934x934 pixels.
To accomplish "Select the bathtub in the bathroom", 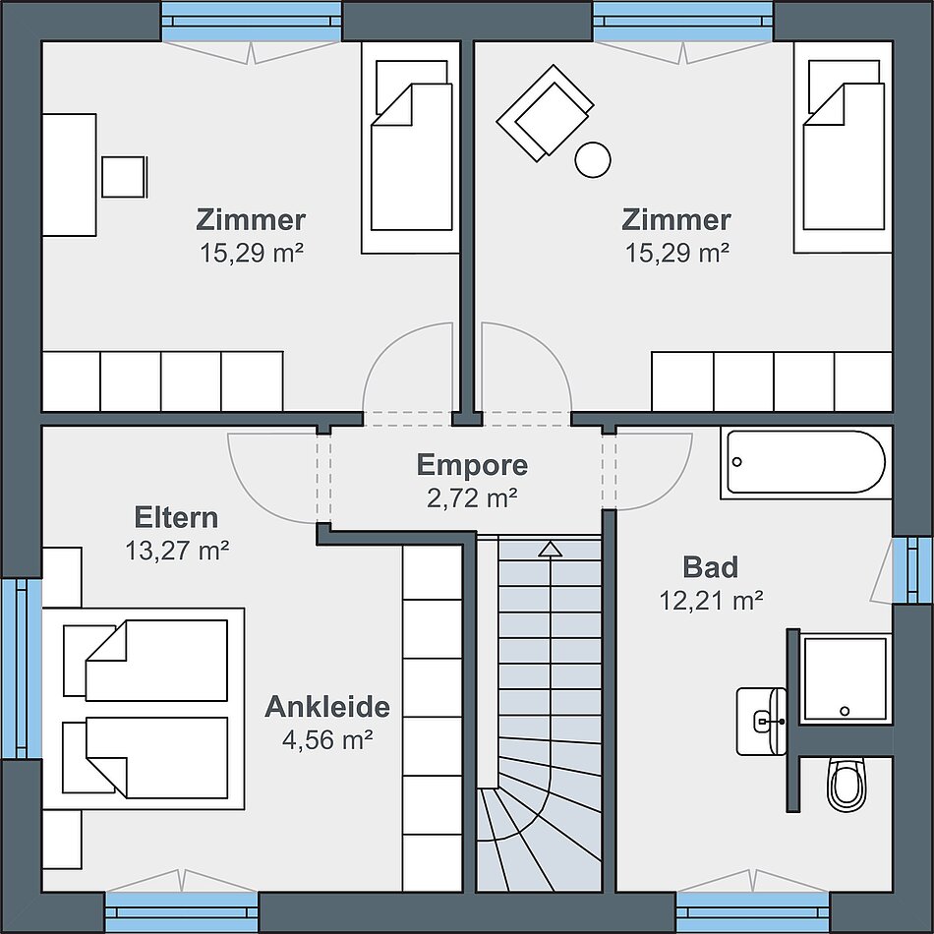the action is point(806,462).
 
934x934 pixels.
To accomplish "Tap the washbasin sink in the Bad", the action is point(762,722).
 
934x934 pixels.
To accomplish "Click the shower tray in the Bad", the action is point(845,679).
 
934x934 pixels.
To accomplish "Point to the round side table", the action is point(593,159).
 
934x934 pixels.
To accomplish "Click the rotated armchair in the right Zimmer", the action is point(545,113).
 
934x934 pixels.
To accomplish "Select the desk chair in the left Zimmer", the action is point(124,177).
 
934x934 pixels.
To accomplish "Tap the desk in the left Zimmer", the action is point(69,175).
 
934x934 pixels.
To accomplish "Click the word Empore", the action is point(472,465).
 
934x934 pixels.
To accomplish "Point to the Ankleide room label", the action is point(327,707).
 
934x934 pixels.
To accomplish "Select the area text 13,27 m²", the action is point(177,551).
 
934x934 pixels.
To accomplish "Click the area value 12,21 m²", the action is point(711,601).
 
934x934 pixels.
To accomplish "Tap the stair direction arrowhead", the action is point(550,550).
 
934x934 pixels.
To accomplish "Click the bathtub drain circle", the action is point(736,462).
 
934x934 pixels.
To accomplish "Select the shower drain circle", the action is point(845,711).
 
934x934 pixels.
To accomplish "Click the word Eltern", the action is point(176,517).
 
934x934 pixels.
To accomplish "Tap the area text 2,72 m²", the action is point(472,498).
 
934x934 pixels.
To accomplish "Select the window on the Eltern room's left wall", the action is point(22,669).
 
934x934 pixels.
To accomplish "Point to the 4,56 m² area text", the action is point(327,740).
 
